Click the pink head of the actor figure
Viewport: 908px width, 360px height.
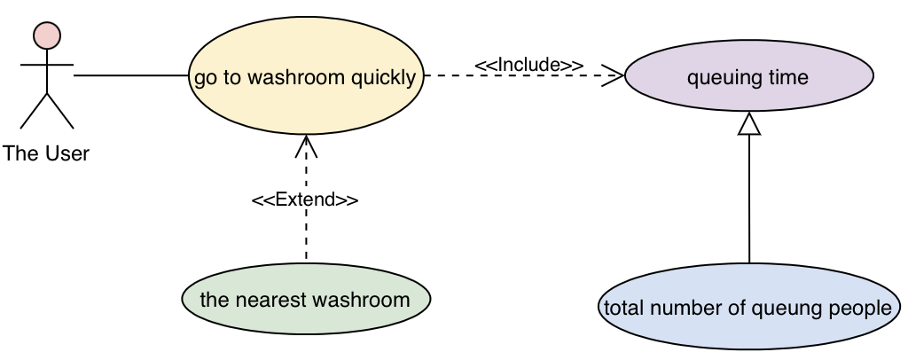click(x=46, y=35)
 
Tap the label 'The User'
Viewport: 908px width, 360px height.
click(x=46, y=153)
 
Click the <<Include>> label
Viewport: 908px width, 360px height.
click(x=528, y=65)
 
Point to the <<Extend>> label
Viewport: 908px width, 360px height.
click(x=305, y=200)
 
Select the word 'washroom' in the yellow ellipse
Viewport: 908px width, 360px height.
click(x=296, y=77)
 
